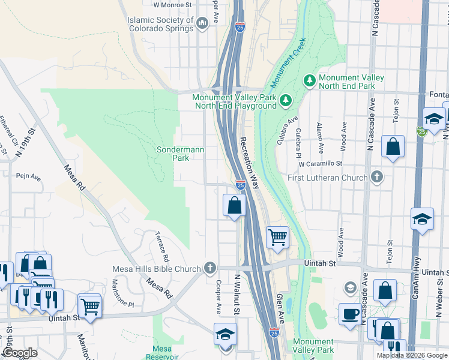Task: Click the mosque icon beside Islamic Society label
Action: tap(202, 23)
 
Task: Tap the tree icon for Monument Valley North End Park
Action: tap(310, 80)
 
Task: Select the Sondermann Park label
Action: tap(173, 154)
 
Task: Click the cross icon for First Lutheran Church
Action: tap(376, 177)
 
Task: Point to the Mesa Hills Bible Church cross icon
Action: tap(209, 268)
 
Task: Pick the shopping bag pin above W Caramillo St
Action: tap(393, 148)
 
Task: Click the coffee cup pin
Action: tap(350, 314)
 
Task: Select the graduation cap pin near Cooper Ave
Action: tap(226, 334)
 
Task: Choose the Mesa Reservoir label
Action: tap(162, 352)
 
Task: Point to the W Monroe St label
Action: tap(172, 4)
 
